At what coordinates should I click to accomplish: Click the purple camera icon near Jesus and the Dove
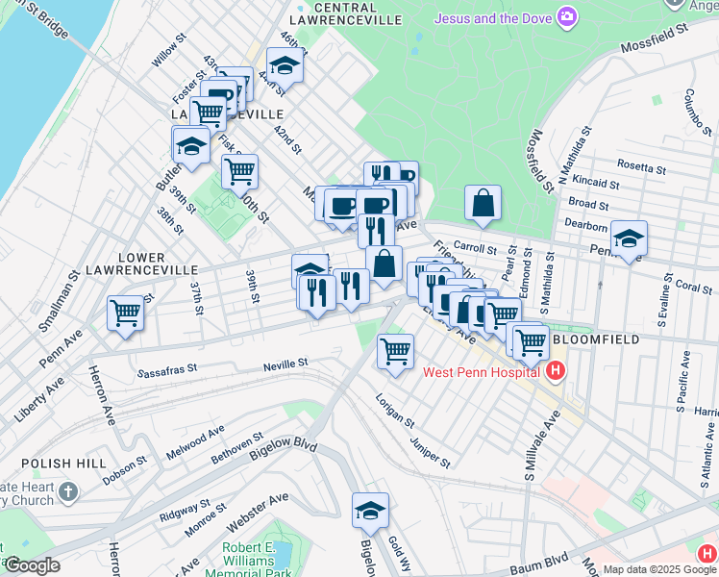click(x=568, y=16)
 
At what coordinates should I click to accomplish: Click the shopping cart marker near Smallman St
click(x=126, y=313)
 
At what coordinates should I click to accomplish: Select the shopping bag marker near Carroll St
click(x=483, y=202)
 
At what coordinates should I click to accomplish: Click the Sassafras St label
click(x=167, y=368)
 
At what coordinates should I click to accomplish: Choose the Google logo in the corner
click(x=31, y=565)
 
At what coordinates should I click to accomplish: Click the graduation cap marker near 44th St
click(x=285, y=64)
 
